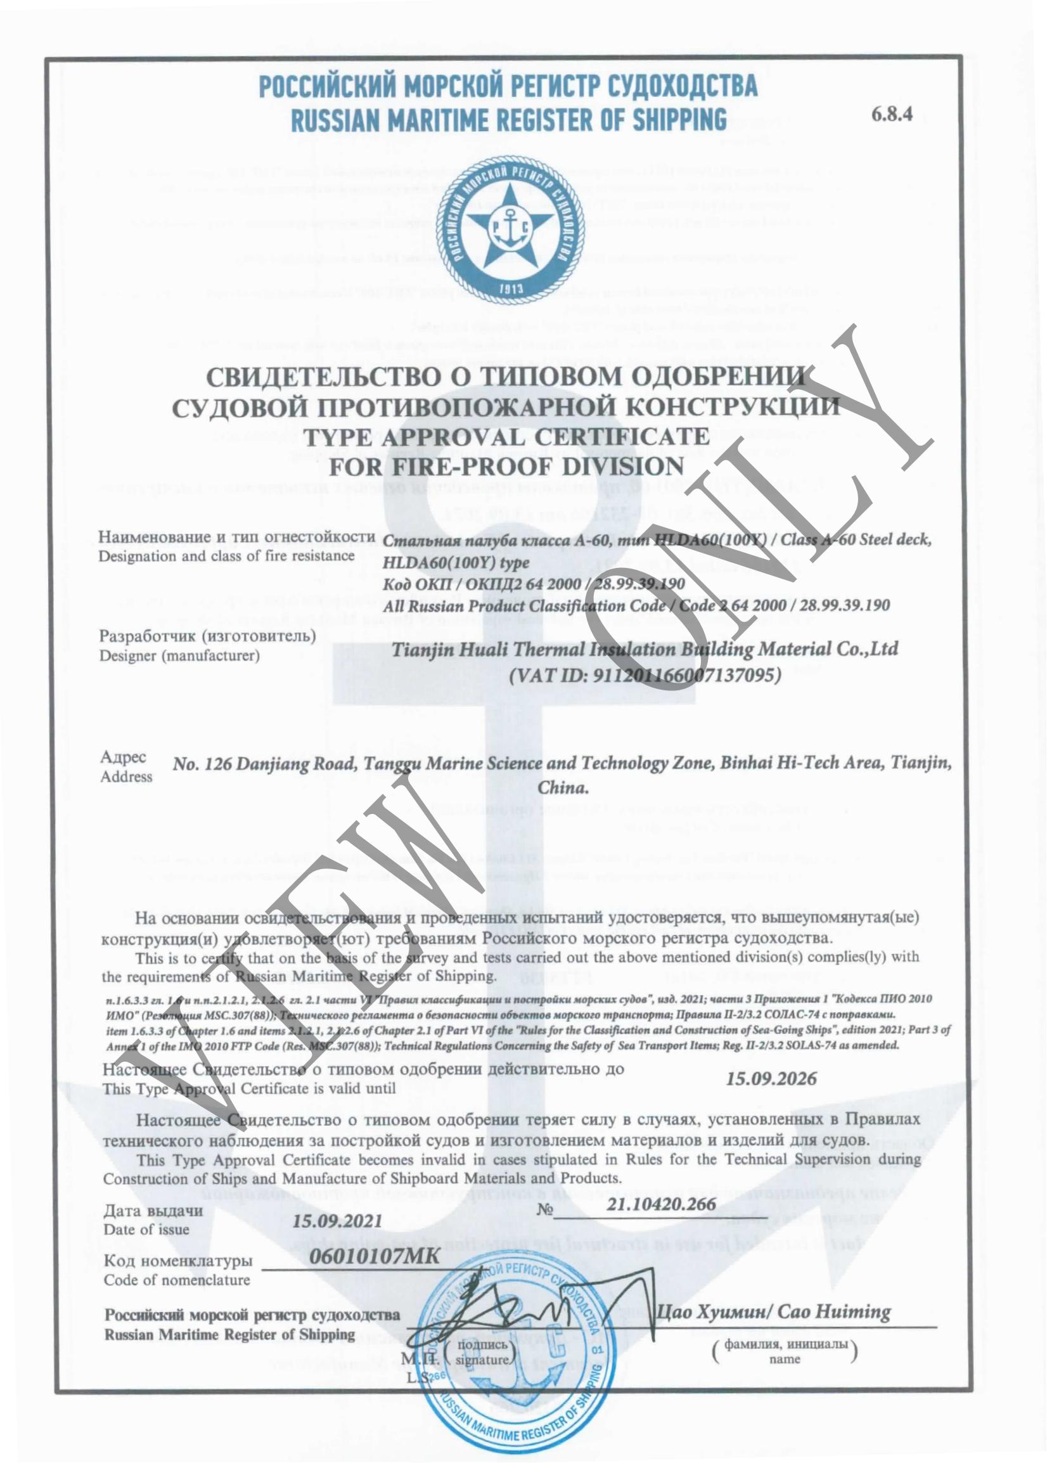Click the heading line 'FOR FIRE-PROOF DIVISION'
[506, 465]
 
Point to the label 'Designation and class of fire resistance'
[226, 555]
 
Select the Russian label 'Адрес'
[122, 757]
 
